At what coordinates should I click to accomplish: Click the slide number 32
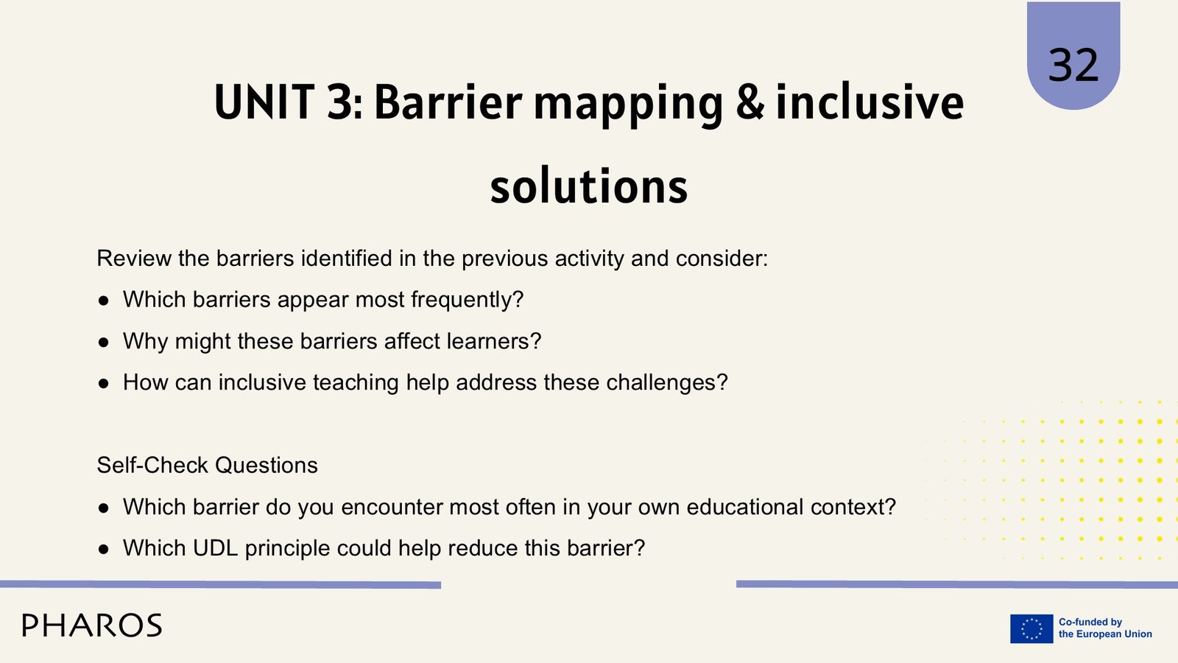[x=1073, y=65]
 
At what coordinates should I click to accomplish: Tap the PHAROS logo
[x=92, y=625]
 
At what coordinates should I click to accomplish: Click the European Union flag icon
[x=1031, y=628]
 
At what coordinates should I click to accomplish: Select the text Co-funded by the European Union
[x=1105, y=628]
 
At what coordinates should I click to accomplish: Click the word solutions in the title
[x=589, y=186]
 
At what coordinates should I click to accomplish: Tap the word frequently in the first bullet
[x=467, y=300]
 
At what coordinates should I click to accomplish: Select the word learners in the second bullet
[x=494, y=341]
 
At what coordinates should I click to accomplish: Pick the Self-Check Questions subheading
[x=207, y=465]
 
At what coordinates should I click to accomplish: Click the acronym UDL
[x=215, y=548]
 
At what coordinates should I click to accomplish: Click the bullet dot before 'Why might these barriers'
[x=104, y=342]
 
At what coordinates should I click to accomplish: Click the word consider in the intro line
[x=722, y=259]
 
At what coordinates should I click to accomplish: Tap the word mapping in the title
[x=629, y=105]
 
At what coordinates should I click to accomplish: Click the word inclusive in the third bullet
[x=262, y=382]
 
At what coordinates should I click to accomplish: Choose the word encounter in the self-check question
[x=391, y=508]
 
